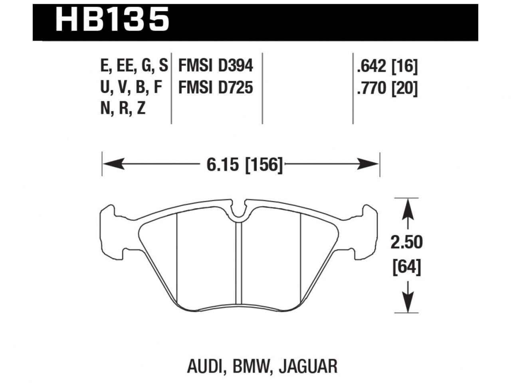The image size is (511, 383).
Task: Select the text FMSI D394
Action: click(x=216, y=66)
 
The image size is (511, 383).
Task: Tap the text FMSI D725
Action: click(x=216, y=87)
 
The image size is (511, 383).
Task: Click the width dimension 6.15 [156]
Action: click(x=244, y=164)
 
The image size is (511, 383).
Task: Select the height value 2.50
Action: click(x=406, y=242)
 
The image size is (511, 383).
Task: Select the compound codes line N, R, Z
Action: click(x=123, y=109)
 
